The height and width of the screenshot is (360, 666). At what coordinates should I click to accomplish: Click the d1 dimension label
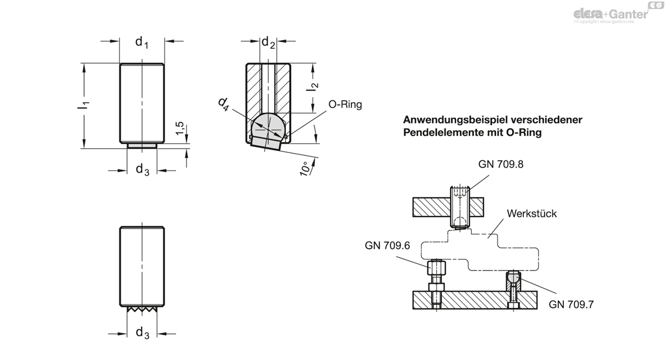(142, 42)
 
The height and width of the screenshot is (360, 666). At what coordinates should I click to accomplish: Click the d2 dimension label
(268, 43)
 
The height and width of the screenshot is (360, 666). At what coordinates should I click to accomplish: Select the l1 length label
(84, 105)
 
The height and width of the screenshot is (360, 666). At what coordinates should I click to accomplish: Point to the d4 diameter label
(224, 104)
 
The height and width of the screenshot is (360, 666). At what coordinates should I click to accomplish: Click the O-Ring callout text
(345, 105)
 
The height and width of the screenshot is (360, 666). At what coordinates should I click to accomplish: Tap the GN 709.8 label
(501, 164)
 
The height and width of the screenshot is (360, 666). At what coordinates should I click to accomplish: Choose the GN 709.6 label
(387, 246)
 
